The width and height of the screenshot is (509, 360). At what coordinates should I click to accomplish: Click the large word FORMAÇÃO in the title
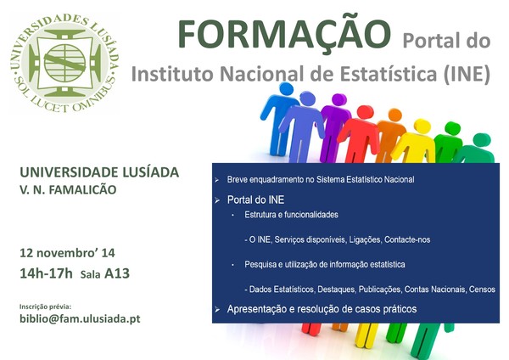click(x=284, y=34)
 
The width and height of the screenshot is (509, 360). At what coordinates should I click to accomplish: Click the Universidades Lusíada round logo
click(x=65, y=63)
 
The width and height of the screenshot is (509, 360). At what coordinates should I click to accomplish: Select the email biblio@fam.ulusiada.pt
click(x=80, y=318)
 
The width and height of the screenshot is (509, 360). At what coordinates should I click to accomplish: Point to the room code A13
click(x=117, y=273)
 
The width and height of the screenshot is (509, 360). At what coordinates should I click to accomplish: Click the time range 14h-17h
click(x=46, y=273)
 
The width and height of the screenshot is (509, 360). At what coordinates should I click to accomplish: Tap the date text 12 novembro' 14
click(x=67, y=253)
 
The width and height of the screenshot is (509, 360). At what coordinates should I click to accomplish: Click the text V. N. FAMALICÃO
click(x=68, y=189)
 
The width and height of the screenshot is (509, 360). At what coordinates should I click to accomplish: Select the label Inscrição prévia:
click(x=45, y=307)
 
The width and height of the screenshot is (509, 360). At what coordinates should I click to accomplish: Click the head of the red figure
click(x=365, y=112)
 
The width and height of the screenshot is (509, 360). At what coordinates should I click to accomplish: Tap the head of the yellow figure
click(x=422, y=126)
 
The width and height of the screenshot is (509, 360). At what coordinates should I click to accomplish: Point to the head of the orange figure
click(x=394, y=115)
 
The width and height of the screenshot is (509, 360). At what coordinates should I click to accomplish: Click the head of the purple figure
click(x=338, y=99)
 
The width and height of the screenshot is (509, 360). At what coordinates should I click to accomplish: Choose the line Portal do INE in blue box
click(x=255, y=200)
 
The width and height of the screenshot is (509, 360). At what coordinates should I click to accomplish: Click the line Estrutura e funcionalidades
click(x=291, y=215)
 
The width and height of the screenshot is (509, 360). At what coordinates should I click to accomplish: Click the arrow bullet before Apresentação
click(x=217, y=310)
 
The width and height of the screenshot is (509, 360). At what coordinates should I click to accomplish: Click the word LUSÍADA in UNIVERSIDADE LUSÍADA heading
click(x=150, y=172)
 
